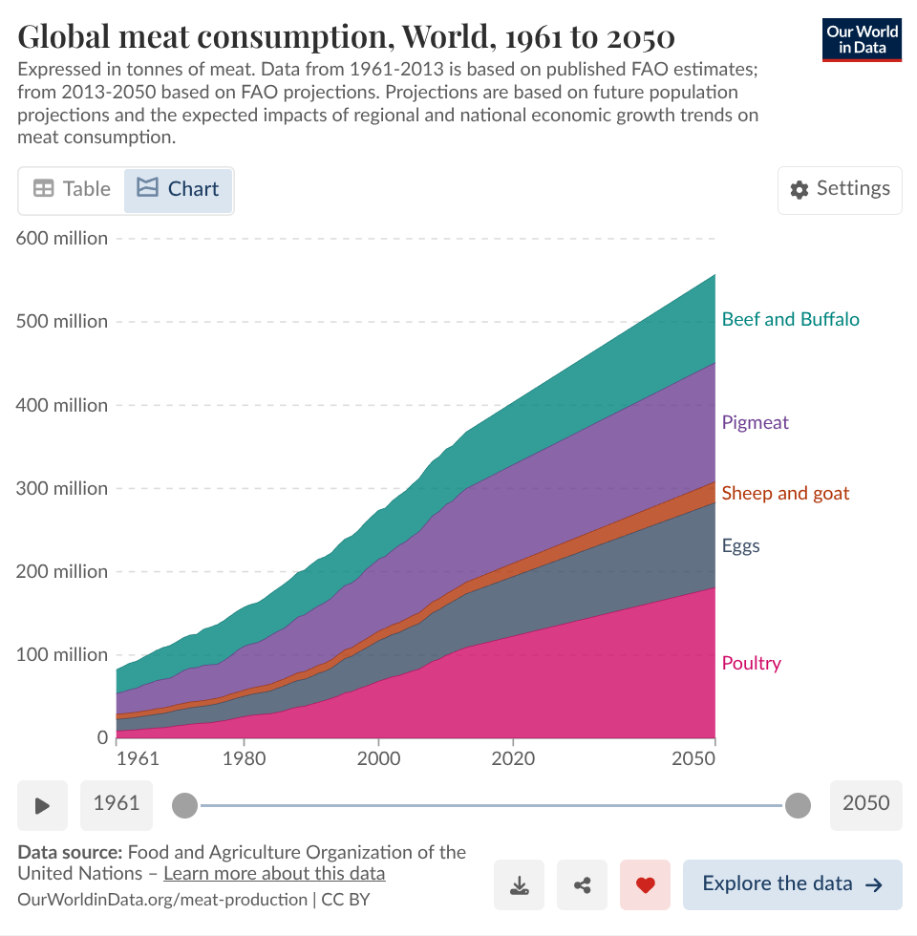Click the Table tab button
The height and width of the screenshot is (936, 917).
pyautogui.click(x=72, y=189)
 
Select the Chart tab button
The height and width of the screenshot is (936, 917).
pyautogui.click(x=179, y=189)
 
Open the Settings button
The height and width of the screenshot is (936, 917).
pyautogui.click(x=840, y=189)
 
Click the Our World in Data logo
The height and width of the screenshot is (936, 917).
pyautogui.click(x=862, y=39)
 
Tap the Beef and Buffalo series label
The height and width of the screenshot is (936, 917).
pyautogui.click(x=790, y=319)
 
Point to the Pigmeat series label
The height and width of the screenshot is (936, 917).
pyautogui.click(x=755, y=422)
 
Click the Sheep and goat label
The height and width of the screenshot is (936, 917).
pyautogui.click(x=785, y=493)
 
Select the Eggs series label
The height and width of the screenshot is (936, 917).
pyautogui.click(x=740, y=546)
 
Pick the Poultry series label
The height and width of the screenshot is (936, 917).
pyautogui.click(x=751, y=663)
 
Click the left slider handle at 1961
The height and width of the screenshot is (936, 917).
pyautogui.click(x=185, y=805)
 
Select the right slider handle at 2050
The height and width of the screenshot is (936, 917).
pyautogui.click(x=798, y=805)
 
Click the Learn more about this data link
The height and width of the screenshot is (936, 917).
pyautogui.click(x=274, y=873)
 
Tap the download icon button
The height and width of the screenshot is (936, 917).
pyautogui.click(x=520, y=884)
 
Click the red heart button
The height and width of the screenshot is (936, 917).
pyautogui.click(x=645, y=884)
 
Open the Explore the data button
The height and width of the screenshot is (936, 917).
pyautogui.click(x=792, y=884)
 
